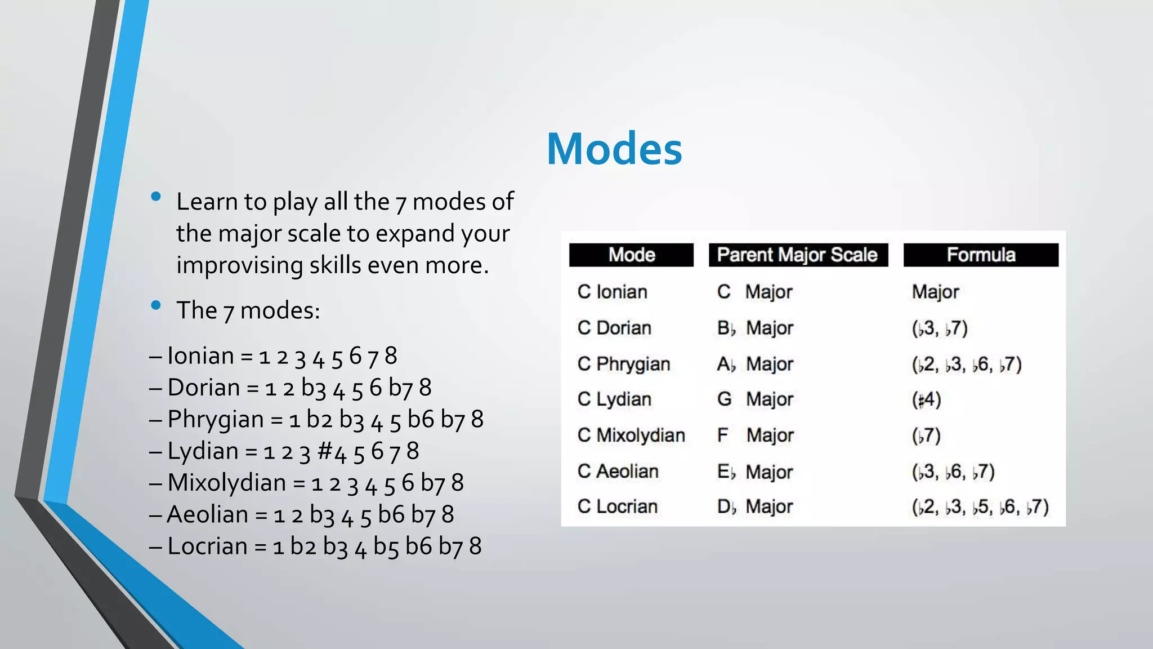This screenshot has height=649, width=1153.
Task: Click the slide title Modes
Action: click(614, 149)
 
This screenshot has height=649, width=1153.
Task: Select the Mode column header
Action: click(631, 255)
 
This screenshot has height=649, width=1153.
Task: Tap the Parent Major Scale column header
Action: click(797, 255)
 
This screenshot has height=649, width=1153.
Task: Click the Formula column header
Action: click(981, 255)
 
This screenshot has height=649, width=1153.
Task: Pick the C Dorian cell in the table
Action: click(614, 328)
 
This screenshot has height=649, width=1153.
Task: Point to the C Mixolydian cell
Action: click(631, 435)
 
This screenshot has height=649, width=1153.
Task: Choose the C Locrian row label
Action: click(618, 506)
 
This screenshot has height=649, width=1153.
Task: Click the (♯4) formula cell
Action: click(926, 399)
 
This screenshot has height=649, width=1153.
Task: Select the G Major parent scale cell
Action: click(755, 399)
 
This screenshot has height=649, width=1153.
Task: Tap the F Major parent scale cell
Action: click(755, 435)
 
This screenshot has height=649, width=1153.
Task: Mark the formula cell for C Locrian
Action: click(980, 507)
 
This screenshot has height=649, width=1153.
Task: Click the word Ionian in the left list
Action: click(200, 356)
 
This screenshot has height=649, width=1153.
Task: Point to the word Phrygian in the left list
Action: click(216, 420)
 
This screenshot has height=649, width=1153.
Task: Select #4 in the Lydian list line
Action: click(332, 451)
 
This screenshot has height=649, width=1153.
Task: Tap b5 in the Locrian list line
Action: click(386, 546)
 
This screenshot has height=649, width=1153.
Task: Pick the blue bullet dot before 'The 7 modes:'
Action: click(156, 305)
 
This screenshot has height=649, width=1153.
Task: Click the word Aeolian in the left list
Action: click(208, 514)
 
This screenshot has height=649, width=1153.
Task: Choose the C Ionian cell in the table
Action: click(613, 292)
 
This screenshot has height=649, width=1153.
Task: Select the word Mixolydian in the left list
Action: click(227, 483)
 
